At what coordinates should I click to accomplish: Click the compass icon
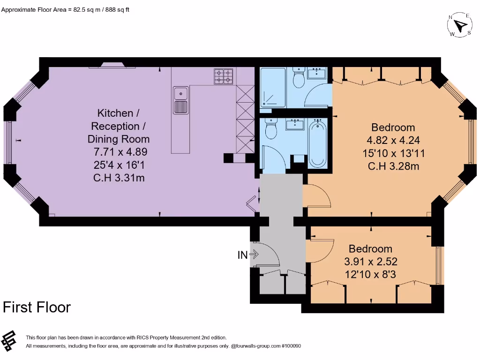[x=460, y=25]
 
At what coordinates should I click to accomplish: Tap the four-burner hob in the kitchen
[x=224, y=76]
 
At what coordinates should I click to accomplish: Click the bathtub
[x=318, y=143]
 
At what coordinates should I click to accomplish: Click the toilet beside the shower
[x=298, y=78]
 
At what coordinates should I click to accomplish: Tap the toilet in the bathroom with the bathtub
[x=271, y=129]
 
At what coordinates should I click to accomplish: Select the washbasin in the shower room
[x=318, y=73]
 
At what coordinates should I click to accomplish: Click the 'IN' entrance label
[x=243, y=255]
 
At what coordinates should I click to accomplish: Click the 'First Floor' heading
[x=37, y=307]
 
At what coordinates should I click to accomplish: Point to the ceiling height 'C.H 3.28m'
[x=393, y=166]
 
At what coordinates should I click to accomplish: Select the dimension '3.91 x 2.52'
[x=371, y=262]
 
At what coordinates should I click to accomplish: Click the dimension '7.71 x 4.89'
[x=119, y=152]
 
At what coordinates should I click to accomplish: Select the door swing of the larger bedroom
[x=317, y=196]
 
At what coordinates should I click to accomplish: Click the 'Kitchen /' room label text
[x=119, y=113]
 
